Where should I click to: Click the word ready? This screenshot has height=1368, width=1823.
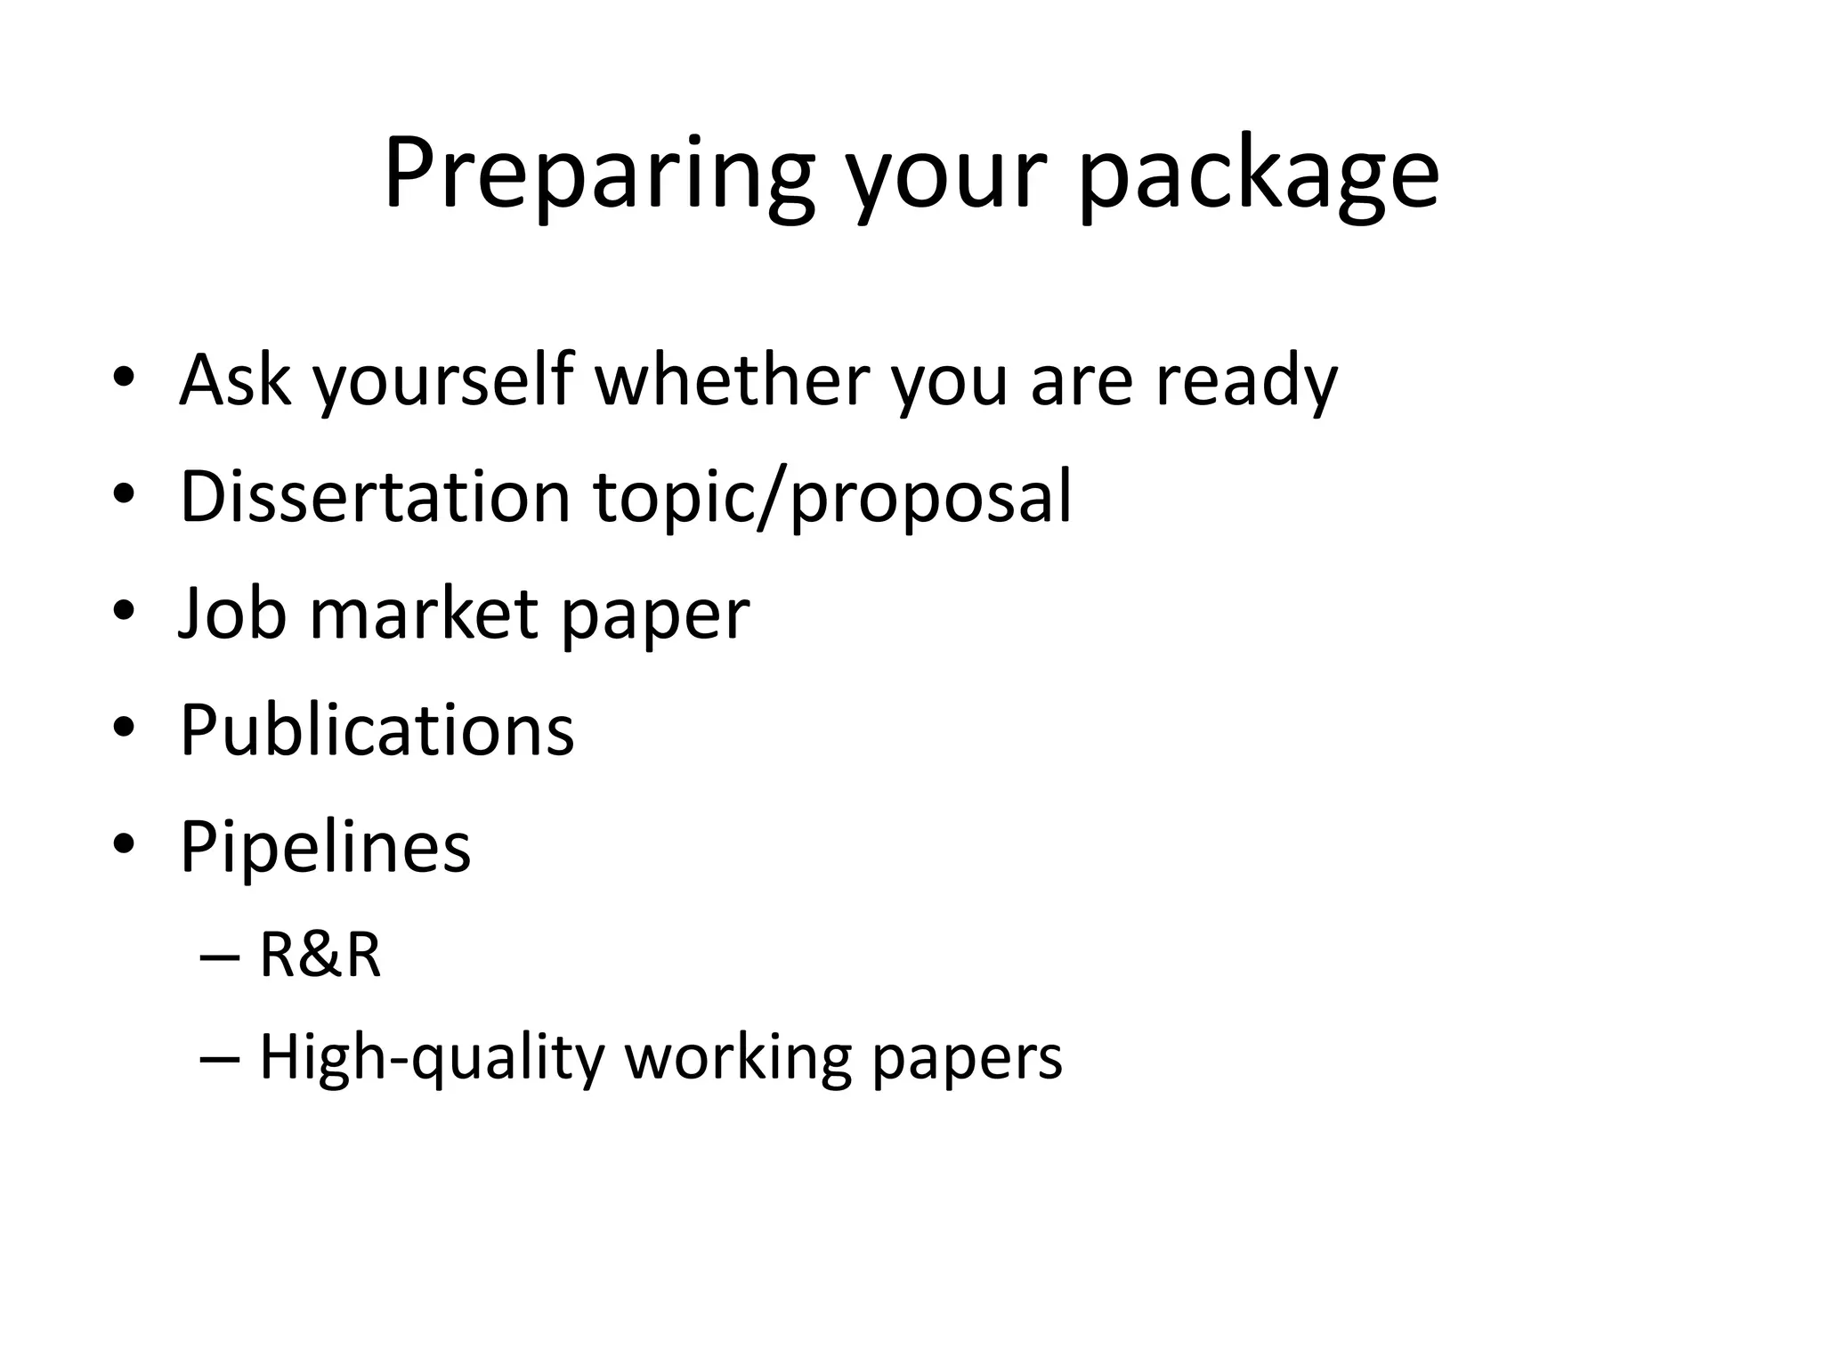(x=1246, y=380)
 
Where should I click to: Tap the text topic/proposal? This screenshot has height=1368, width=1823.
(x=832, y=497)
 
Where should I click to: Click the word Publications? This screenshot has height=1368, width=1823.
(x=377, y=730)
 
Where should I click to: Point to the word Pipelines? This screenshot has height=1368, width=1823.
(x=325, y=847)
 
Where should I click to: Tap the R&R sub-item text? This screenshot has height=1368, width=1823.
(x=320, y=955)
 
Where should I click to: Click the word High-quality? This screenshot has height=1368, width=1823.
(x=432, y=1059)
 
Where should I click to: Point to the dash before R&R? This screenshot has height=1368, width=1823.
(x=220, y=957)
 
